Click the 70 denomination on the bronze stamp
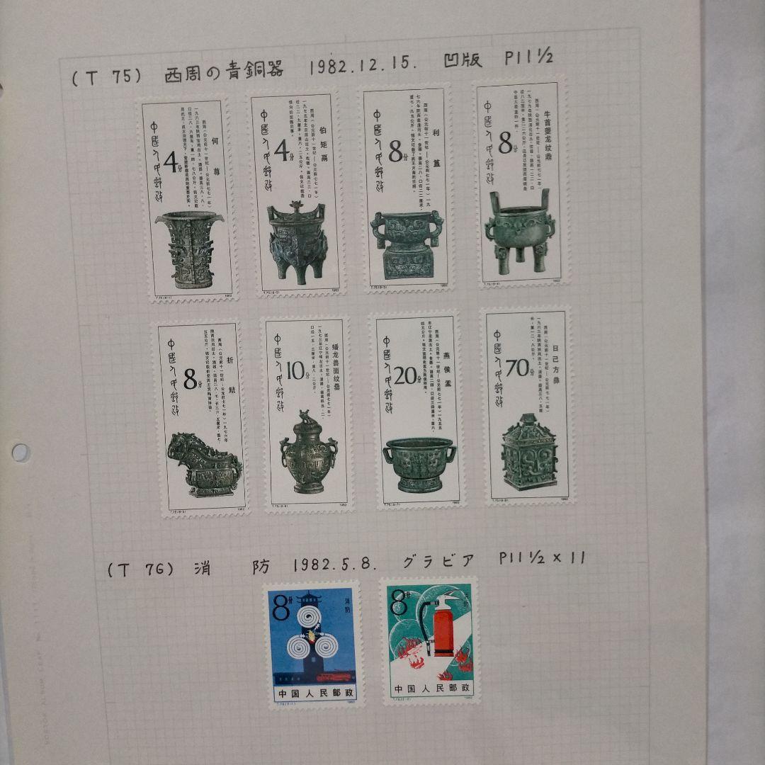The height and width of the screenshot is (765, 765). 517,368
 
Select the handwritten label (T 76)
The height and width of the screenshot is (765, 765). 140,569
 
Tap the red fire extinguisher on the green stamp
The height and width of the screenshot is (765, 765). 443,628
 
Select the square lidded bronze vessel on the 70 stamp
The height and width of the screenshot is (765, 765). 529,453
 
